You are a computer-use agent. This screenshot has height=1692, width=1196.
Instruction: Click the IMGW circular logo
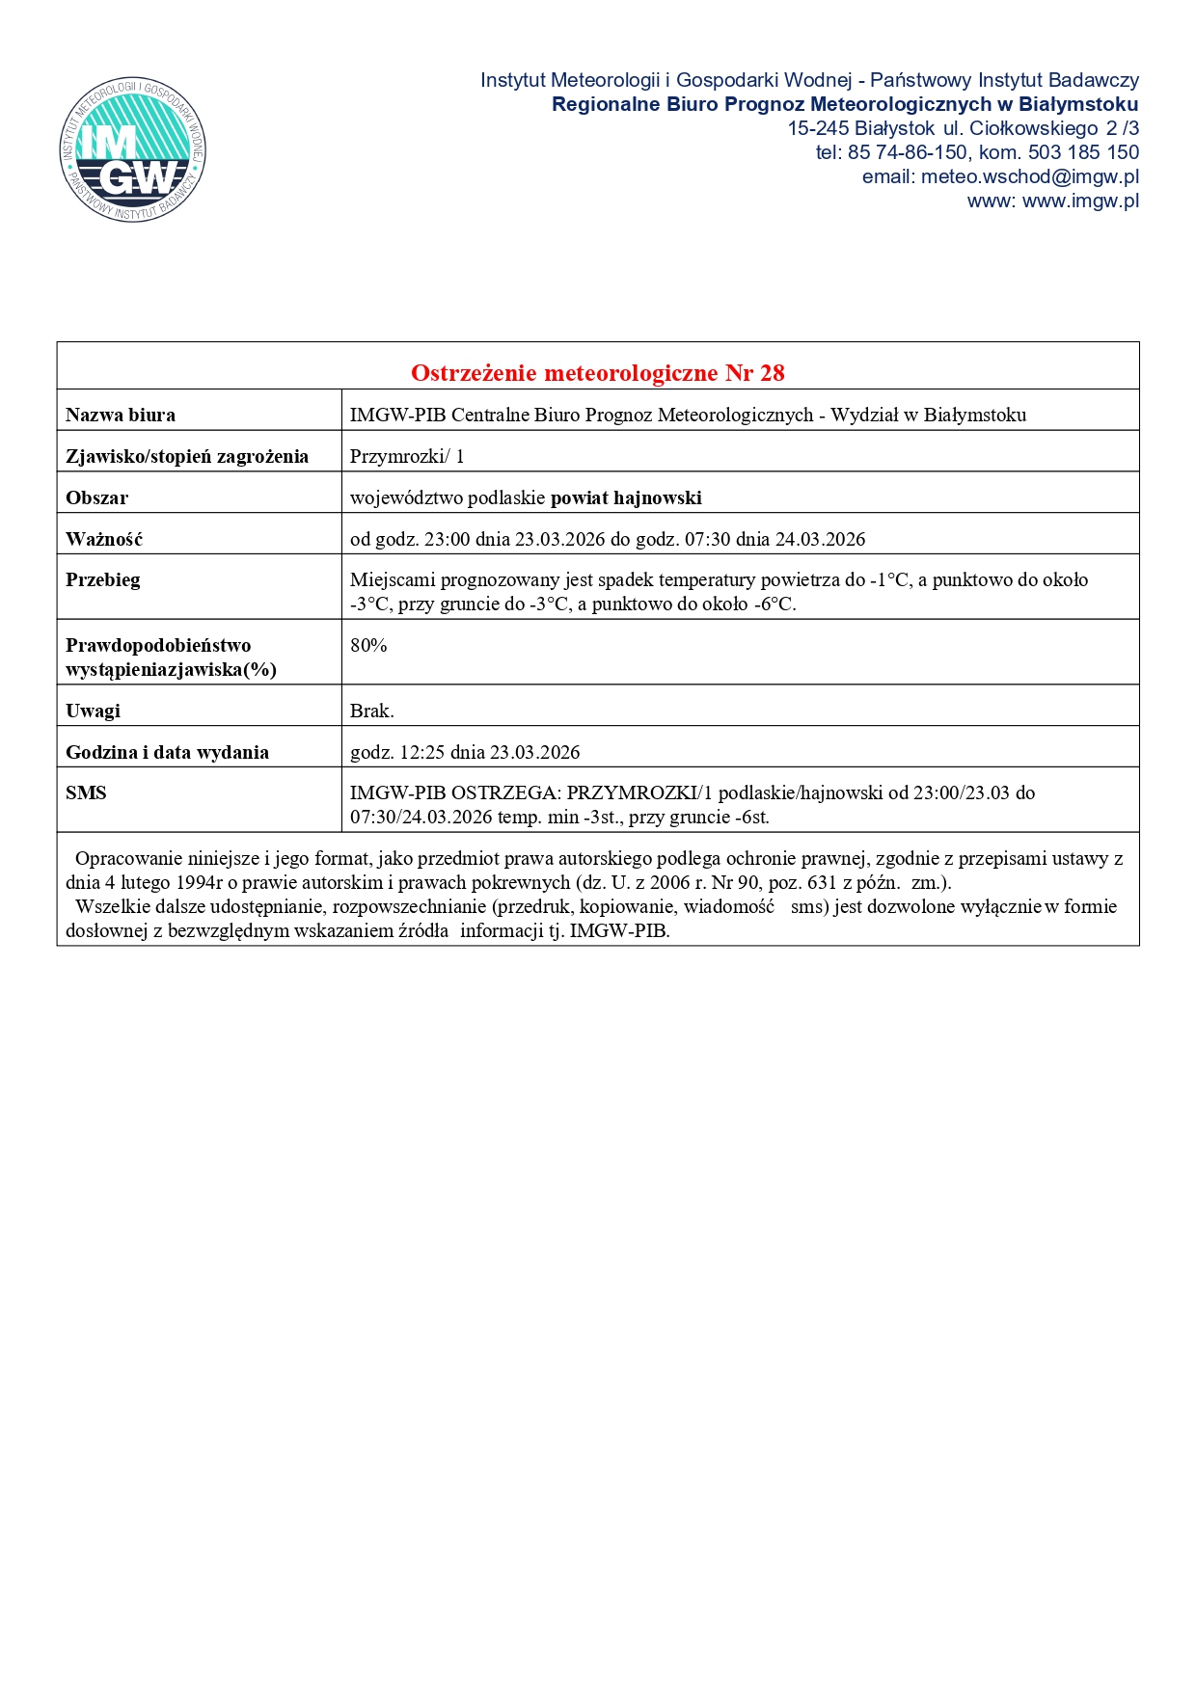(133, 149)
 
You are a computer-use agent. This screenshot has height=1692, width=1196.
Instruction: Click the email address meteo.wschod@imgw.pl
(1029, 176)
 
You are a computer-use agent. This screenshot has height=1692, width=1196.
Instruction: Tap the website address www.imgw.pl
(1080, 201)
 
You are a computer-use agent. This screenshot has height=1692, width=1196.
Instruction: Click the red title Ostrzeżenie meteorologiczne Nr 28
(597, 372)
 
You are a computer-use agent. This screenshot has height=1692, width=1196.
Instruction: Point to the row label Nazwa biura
(121, 415)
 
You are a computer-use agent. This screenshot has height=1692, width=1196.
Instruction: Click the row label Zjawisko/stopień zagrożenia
(187, 456)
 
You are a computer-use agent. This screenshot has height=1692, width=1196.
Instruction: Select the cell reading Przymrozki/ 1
(407, 456)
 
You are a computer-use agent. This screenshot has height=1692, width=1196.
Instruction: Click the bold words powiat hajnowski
(626, 497)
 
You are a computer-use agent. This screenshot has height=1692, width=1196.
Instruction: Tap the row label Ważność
(104, 539)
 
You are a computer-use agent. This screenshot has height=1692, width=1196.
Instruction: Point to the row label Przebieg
(103, 579)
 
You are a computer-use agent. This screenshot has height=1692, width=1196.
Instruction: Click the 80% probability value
(368, 645)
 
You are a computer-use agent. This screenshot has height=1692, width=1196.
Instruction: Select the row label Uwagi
(94, 711)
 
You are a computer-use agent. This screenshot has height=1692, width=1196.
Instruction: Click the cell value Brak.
(371, 711)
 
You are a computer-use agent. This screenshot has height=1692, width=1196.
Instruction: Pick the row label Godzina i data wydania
(167, 752)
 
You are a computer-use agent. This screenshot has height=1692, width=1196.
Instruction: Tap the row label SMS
(86, 792)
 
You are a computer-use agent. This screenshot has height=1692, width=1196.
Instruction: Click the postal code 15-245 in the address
(818, 128)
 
